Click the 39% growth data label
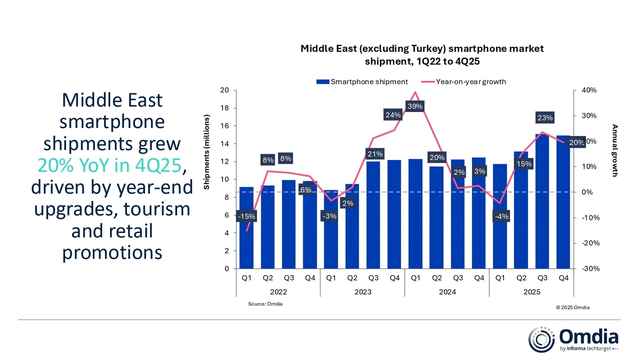click(x=415, y=107)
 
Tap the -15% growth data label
click(x=246, y=216)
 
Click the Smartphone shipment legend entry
click(x=362, y=82)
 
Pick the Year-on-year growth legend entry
click(x=464, y=82)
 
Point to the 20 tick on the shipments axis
click(x=224, y=90)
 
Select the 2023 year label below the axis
click(x=363, y=292)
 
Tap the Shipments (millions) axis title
click(x=207, y=152)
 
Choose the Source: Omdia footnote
click(x=265, y=304)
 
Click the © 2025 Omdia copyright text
click(x=572, y=307)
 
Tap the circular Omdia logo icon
click(x=541, y=340)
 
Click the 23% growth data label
click(x=545, y=118)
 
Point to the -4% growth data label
click(x=502, y=216)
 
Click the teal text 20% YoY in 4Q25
click(x=109, y=165)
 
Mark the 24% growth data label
click(x=393, y=115)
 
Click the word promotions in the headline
click(x=112, y=252)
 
